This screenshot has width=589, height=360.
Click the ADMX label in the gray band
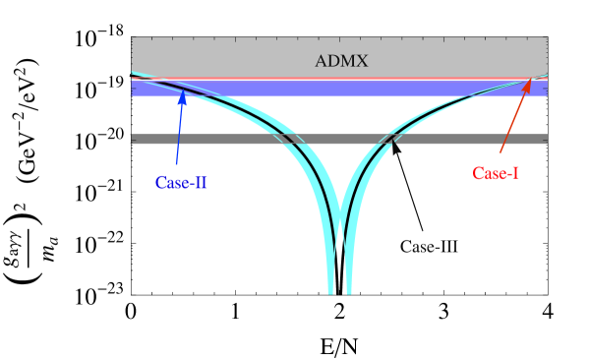pos(341,61)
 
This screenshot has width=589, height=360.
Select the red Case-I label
pos(497,173)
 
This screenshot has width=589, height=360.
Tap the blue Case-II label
pos(181,183)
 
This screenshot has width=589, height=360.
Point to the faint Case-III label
pos(429,246)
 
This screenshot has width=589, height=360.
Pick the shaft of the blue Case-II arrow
pos(178,133)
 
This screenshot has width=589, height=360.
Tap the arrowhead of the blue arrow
pos(182,95)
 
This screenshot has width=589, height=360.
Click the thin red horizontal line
pos(339,78)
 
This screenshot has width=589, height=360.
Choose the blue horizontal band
pos(339,89)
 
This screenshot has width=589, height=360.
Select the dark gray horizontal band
pos(339,139)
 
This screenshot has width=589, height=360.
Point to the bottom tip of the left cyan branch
pos(330,291)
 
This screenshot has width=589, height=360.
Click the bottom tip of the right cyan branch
pos(349,291)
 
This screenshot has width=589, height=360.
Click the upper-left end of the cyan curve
pos(134,74)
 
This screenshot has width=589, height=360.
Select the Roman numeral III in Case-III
pos(447,246)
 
